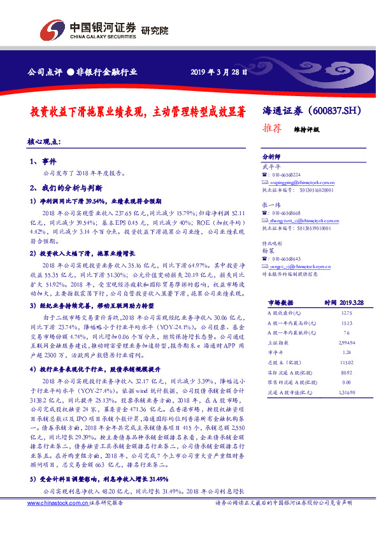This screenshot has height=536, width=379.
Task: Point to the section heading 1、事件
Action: pyautogui.click(x=43, y=162)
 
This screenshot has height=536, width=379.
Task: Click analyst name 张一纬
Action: pyautogui.click(x=271, y=205)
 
